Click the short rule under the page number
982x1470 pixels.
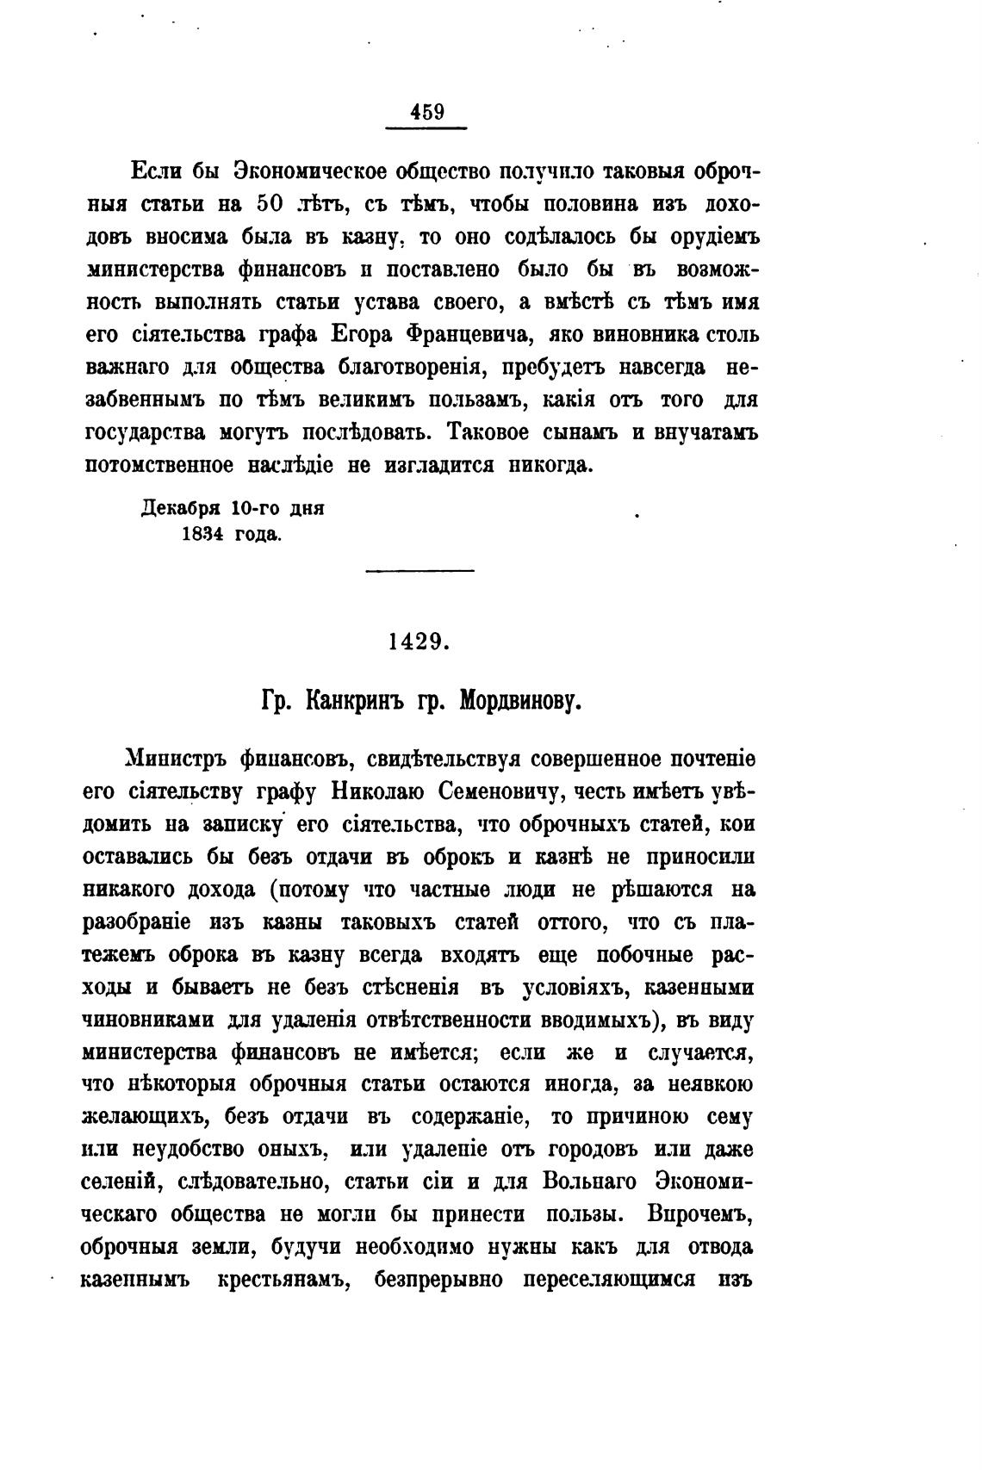[426, 129]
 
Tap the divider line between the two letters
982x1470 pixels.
[420, 570]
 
